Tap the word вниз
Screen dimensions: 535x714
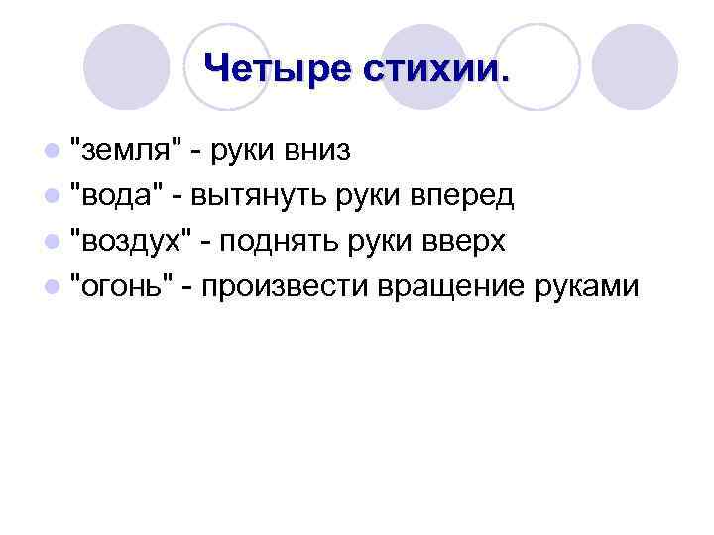click(x=316, y=151)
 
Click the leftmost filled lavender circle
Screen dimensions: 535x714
click(x=126, y=67)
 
